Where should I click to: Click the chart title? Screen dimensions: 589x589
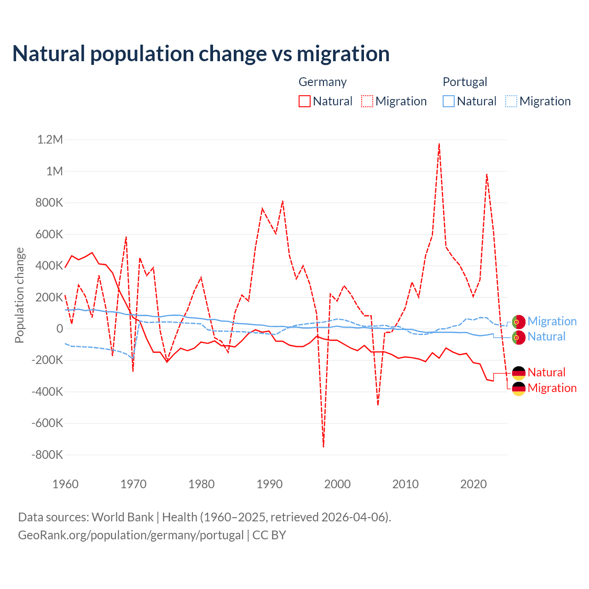pos(201,54)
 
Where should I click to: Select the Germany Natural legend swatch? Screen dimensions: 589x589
pos(305,101)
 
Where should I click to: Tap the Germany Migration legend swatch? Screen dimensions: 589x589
pos(367,101)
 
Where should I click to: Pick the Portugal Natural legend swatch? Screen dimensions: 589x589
pos(449,101)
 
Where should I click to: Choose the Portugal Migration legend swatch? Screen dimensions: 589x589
pos(511,101)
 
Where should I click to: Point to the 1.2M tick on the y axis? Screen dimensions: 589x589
pos(50,139)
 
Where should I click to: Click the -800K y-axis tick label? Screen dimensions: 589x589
pos(47,455)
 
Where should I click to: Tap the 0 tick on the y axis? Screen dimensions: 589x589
pos(60,329)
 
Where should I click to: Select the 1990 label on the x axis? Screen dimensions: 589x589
pos(270,484)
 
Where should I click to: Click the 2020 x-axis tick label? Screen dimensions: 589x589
pos(474,484)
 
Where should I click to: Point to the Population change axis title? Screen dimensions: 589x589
pos(19,295)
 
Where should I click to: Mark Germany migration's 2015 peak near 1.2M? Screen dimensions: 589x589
pos(439,144)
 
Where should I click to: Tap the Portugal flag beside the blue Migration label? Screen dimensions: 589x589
pos(519,322)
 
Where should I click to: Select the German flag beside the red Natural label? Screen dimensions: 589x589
pos(519,373)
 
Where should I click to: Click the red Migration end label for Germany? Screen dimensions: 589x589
pos(552,388)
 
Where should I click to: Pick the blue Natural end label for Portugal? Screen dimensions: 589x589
pos(546,336)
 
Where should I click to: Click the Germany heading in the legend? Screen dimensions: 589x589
pos(323,82)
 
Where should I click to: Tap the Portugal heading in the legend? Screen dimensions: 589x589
pos(465,82)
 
